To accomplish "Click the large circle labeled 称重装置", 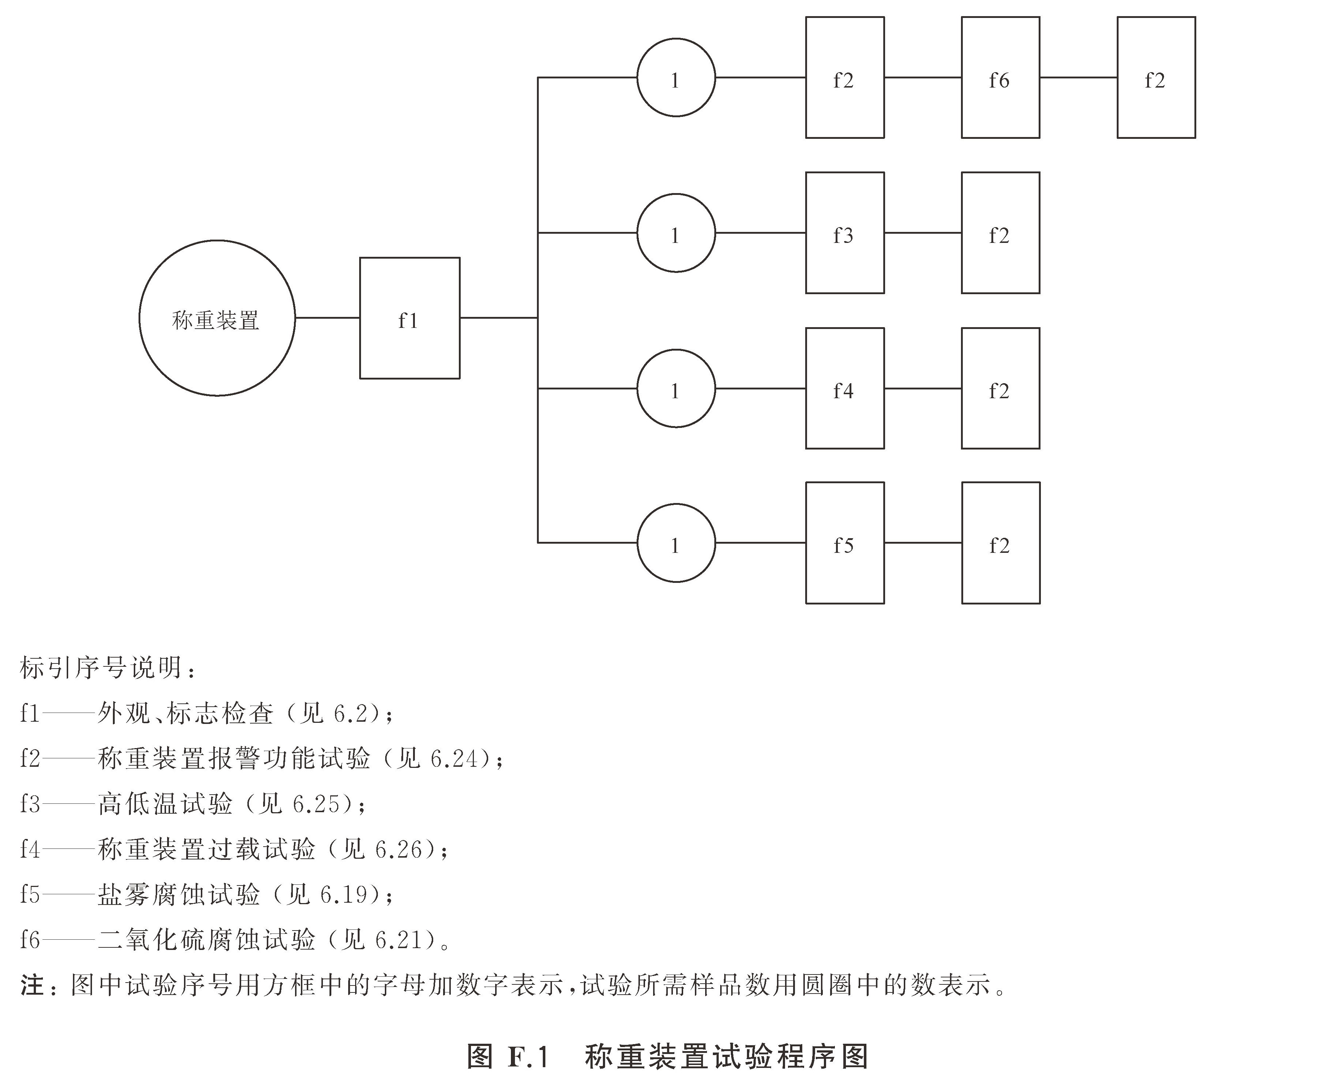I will [217, 318].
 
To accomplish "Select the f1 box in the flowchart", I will [409, 318].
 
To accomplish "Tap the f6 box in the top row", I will [1000, 77].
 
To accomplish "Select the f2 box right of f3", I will [1000, 233].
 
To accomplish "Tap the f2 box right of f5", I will [1000, 543].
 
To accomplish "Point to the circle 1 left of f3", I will [676, 233].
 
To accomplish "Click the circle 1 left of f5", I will [676, 543].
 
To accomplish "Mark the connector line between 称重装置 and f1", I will [327, 318].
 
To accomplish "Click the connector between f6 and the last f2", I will [1078, 77].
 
